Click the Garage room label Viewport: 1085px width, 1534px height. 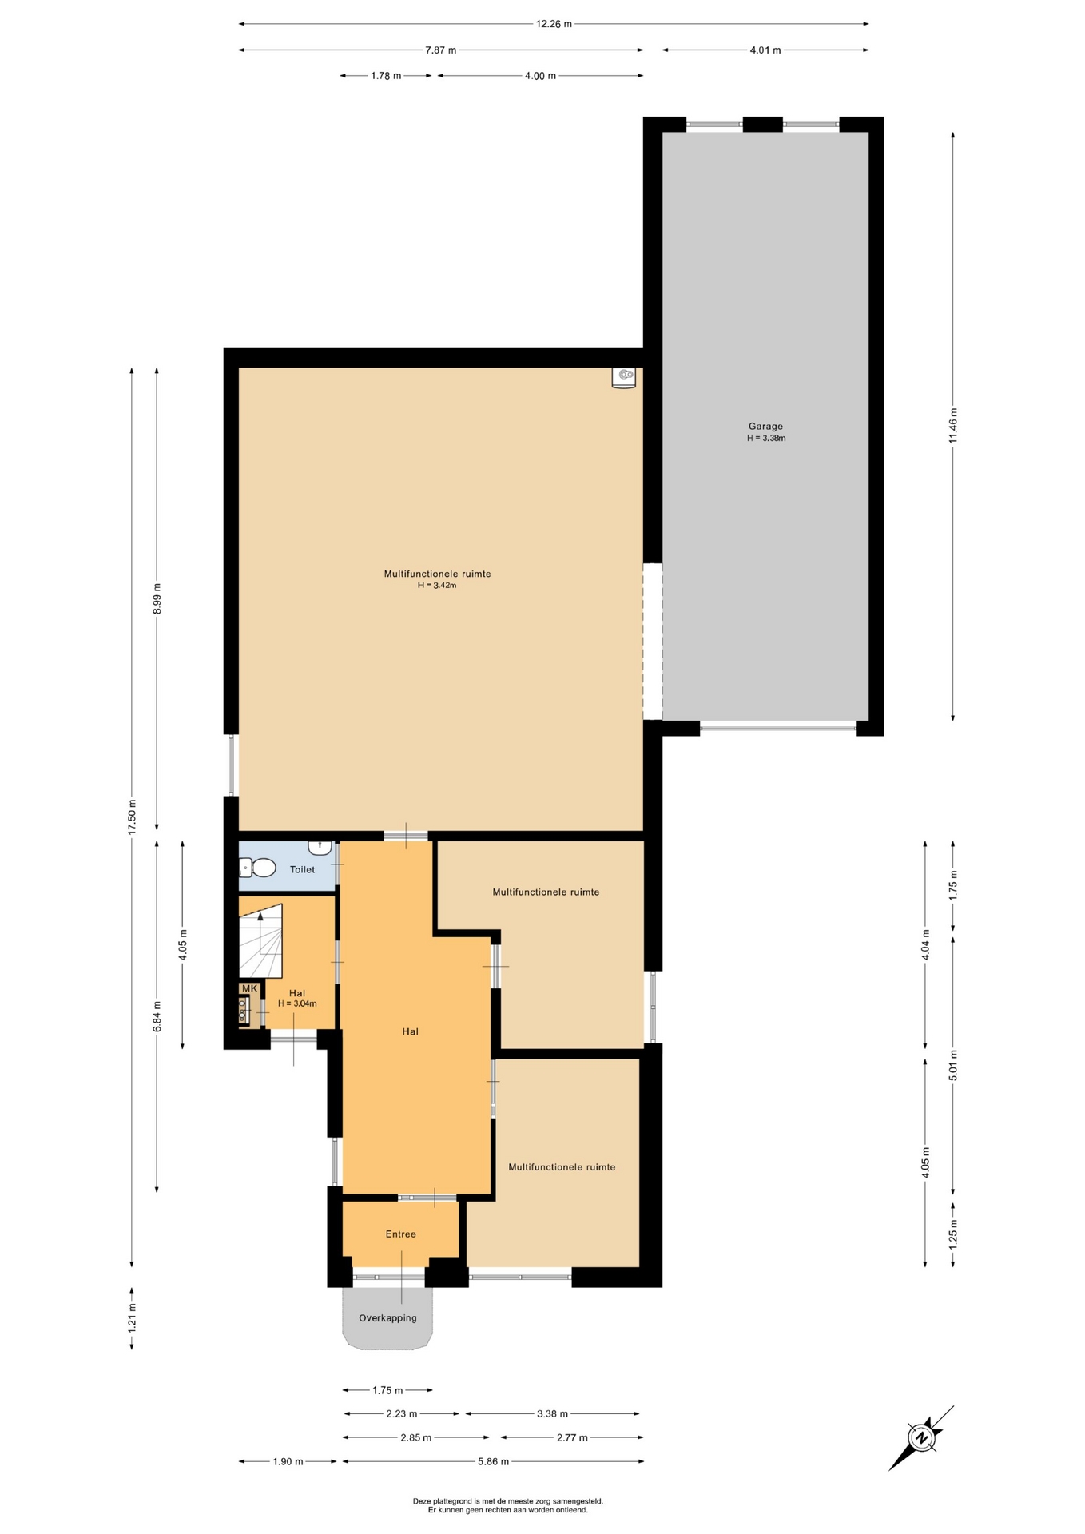coord(765,426)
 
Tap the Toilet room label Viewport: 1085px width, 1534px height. coord(302,869)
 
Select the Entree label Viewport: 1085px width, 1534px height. coord(400,1234)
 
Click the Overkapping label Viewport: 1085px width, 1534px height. coord(387,1317)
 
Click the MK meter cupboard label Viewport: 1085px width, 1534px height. coord(249,988)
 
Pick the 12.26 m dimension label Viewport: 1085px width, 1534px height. coord(553,24)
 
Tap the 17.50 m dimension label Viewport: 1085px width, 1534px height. coord(133,817)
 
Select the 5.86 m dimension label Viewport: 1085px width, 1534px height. coord(493,1461)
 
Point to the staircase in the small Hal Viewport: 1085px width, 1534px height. coord(261,940)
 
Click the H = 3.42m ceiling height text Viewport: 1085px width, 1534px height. coord(437,586)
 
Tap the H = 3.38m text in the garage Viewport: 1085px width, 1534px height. coord(766,438)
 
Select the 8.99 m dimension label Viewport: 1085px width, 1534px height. coord(157,599)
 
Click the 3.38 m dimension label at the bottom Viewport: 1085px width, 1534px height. coord(552,1413)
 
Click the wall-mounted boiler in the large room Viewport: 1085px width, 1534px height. coord(623,378)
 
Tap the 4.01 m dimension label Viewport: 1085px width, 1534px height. coord(765,50)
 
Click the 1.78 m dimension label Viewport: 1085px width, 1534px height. coord(386,76)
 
